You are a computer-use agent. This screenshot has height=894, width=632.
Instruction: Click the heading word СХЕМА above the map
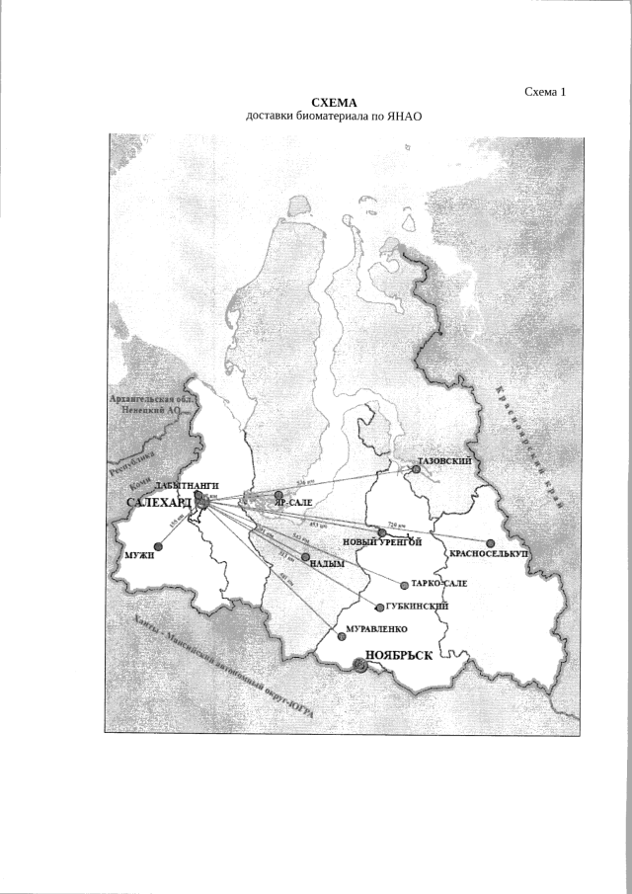[333, 104]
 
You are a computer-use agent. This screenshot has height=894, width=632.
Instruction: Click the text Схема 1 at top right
[546, 92]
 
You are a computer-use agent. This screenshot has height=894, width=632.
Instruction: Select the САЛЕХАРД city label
[160, 503]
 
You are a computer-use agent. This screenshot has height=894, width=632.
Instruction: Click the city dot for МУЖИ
[158, 546]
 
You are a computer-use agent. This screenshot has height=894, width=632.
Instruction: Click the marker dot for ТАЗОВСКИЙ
[416, 470]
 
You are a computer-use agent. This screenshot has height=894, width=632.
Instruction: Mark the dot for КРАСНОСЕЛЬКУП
[490, 542]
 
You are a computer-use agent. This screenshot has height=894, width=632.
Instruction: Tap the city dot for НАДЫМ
[305, 557]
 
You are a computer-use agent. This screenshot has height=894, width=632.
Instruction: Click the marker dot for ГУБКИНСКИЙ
[380, 607]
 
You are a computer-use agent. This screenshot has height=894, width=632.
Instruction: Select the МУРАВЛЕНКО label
[373, 628]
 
